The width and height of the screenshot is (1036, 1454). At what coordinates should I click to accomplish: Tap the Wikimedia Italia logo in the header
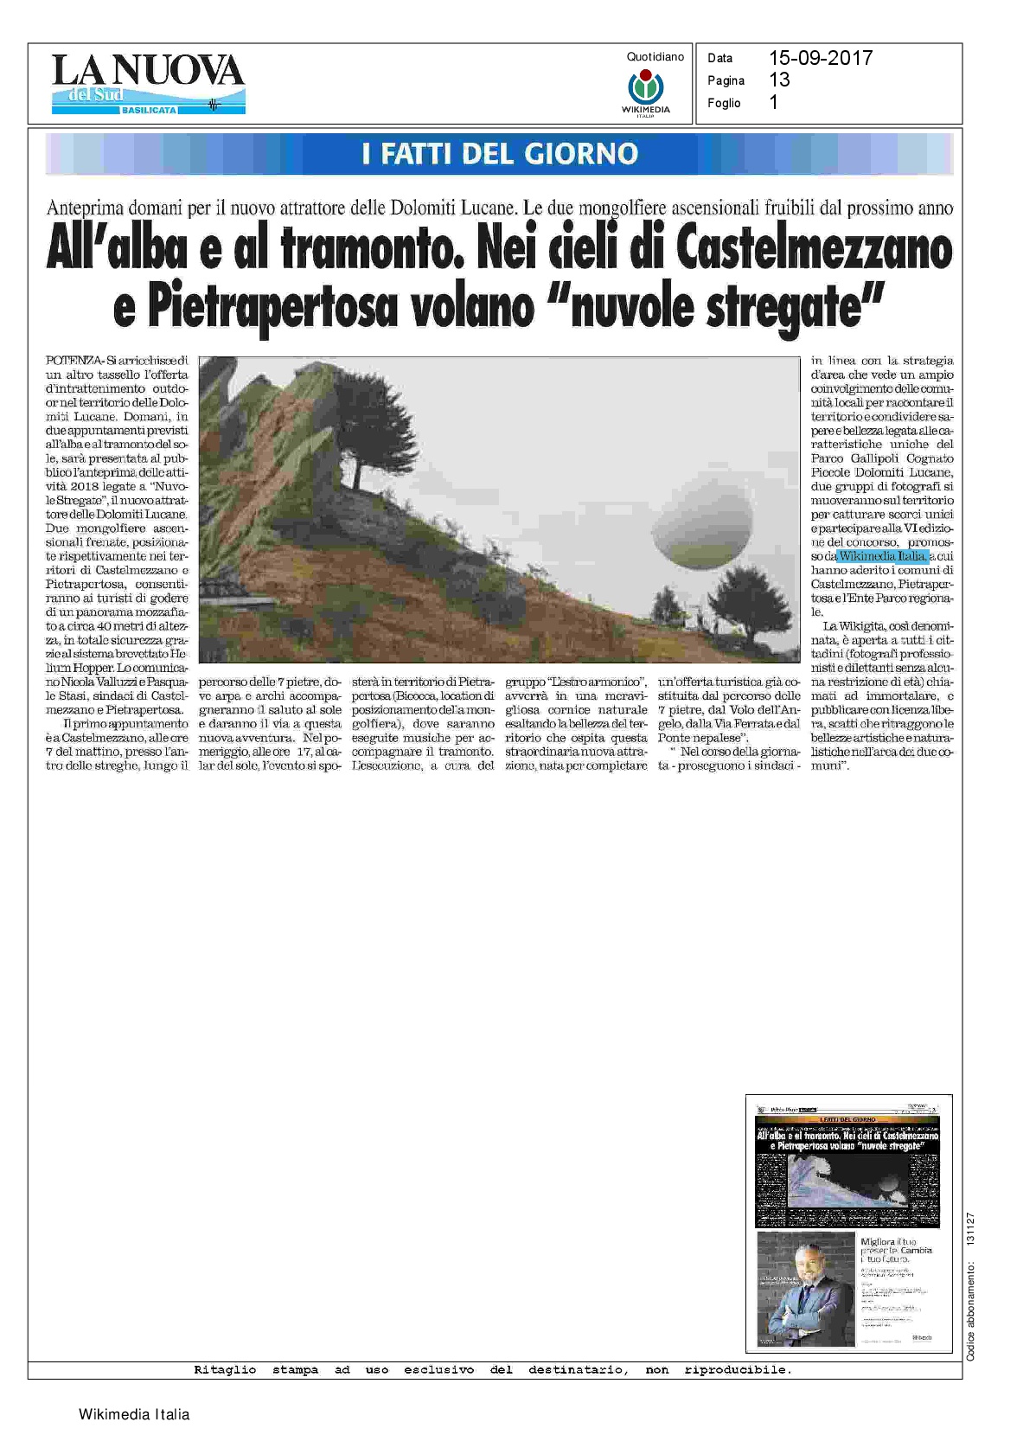click(x=645, y=92)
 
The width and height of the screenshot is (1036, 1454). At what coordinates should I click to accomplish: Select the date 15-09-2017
click(x=821, y=58)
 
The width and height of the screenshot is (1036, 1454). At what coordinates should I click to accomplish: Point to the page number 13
click(x=779, y=80)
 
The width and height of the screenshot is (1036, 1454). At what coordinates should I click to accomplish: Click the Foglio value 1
click(x=773, y=102)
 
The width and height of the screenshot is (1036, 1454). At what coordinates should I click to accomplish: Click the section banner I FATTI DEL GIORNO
click(x=500, y=154)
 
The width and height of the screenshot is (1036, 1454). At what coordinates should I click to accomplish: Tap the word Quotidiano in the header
click(x=655, y=57)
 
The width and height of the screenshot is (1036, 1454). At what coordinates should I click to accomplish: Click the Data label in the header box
click(x=719, y=58)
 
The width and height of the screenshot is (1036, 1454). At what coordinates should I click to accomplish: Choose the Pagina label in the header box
click(x=726, y=80)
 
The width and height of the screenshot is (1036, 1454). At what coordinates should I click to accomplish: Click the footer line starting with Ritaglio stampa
click(x=492, y=1369)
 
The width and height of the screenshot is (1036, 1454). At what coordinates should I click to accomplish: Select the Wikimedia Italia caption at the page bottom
click(x=134, y=1415)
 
